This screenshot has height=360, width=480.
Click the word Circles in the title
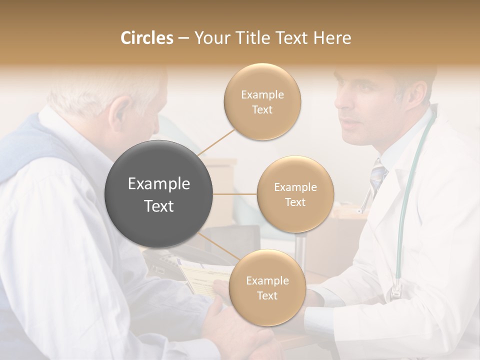point(147,38)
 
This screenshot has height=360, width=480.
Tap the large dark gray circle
point(158,194)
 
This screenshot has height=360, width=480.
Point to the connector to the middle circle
point(234,194)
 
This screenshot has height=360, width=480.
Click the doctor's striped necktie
point(378,175)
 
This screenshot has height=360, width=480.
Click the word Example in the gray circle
point(158,184)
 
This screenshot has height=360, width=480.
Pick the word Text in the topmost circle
point(262,110)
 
